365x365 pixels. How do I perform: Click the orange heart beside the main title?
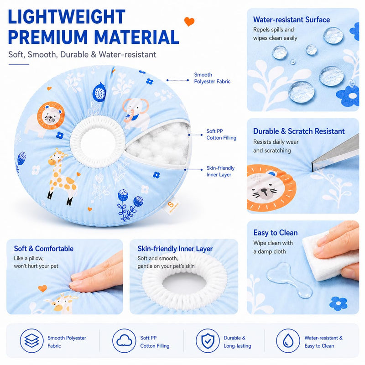point(189,21)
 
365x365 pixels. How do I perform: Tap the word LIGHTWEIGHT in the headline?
point(67,17)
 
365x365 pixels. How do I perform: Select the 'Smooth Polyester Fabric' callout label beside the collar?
point(212,78)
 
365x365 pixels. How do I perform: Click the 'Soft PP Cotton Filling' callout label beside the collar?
point(221,135)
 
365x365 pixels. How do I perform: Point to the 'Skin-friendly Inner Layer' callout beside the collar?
point(220,172)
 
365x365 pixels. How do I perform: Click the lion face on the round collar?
point(51,116)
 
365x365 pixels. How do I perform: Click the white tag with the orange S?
point(172,206)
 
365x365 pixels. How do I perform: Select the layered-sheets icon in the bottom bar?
point(31,341)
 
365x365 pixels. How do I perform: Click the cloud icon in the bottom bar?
point(124,341)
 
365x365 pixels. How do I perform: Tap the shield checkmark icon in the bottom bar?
point(208,341)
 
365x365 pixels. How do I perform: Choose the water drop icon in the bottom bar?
point(288,341)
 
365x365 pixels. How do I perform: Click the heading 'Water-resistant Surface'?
point(292,20)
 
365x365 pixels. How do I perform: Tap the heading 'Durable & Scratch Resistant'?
point(299,131)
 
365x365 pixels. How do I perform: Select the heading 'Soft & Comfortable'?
point(43,249)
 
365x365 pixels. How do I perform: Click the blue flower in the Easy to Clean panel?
point(339,303)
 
